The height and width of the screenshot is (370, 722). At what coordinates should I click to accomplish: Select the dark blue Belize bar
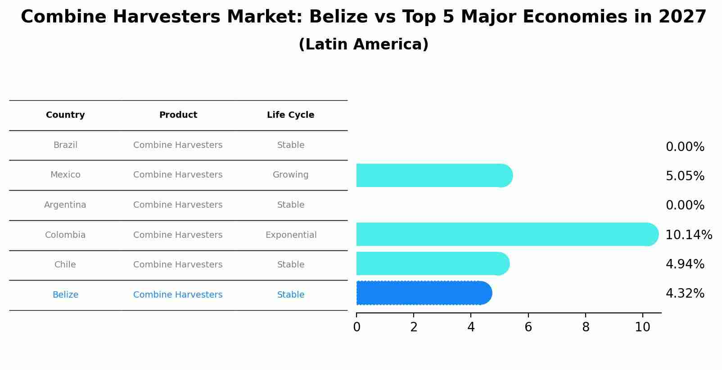(423, 293)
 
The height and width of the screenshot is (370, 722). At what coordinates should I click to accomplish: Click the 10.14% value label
(688, 235)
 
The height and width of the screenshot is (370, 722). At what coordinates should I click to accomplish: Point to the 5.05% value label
(685, 176)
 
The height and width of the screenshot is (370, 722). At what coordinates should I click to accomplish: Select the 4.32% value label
(685, 294)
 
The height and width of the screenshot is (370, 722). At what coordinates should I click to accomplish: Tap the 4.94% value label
(685, 264)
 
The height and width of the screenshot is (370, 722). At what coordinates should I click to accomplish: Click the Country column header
(65, 115)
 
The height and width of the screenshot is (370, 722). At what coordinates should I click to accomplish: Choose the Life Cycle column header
(290, 115)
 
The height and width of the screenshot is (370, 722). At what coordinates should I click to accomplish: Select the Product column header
(178, 115)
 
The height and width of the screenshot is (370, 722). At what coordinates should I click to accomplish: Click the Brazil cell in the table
(65, 145)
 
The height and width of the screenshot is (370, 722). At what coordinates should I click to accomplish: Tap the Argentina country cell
(65, 205)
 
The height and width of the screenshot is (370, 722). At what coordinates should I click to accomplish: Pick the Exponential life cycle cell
(291, 235)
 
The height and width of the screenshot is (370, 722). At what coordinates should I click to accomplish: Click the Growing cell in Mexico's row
(290, 175)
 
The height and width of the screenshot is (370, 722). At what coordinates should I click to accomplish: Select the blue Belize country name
(65, 295)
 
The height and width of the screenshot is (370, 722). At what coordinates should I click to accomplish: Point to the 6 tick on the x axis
(528, 327)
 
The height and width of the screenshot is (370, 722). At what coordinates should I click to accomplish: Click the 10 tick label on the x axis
(642, 327)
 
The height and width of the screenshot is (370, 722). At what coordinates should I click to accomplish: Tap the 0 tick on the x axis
(356, 327)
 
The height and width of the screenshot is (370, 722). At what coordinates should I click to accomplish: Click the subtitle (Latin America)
(363, 45)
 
